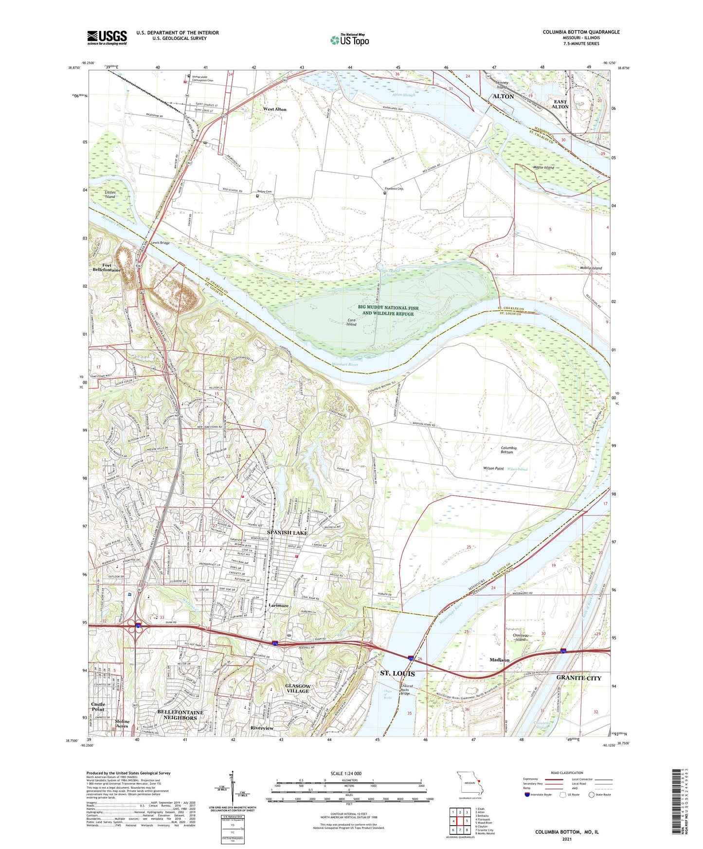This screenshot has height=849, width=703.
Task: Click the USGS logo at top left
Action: tap(107, 37)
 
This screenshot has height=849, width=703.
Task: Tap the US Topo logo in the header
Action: tap(350, 40)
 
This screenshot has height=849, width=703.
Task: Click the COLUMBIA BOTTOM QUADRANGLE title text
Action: tap(581, 32)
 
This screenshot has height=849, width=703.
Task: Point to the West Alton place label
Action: tap(275, 109)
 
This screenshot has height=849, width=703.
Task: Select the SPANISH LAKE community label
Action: tap(287, 532)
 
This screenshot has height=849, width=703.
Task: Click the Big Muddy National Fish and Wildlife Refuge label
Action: tap(388, 311)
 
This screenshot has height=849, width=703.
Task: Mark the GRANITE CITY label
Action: tap(578, 678)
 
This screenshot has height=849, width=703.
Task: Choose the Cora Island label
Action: tap(351, 322)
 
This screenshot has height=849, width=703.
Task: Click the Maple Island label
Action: tap(543, 168)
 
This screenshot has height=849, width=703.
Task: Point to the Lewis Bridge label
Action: tap(160, 243)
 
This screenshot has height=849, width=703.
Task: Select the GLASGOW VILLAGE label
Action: tap(297, 688)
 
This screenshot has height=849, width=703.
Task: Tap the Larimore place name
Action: tap(279, 606)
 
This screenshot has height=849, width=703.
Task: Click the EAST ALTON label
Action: tap(560, 104)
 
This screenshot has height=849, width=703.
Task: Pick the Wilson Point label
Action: tap(493, 468)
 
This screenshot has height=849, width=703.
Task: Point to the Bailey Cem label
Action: tap(265, 192)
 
